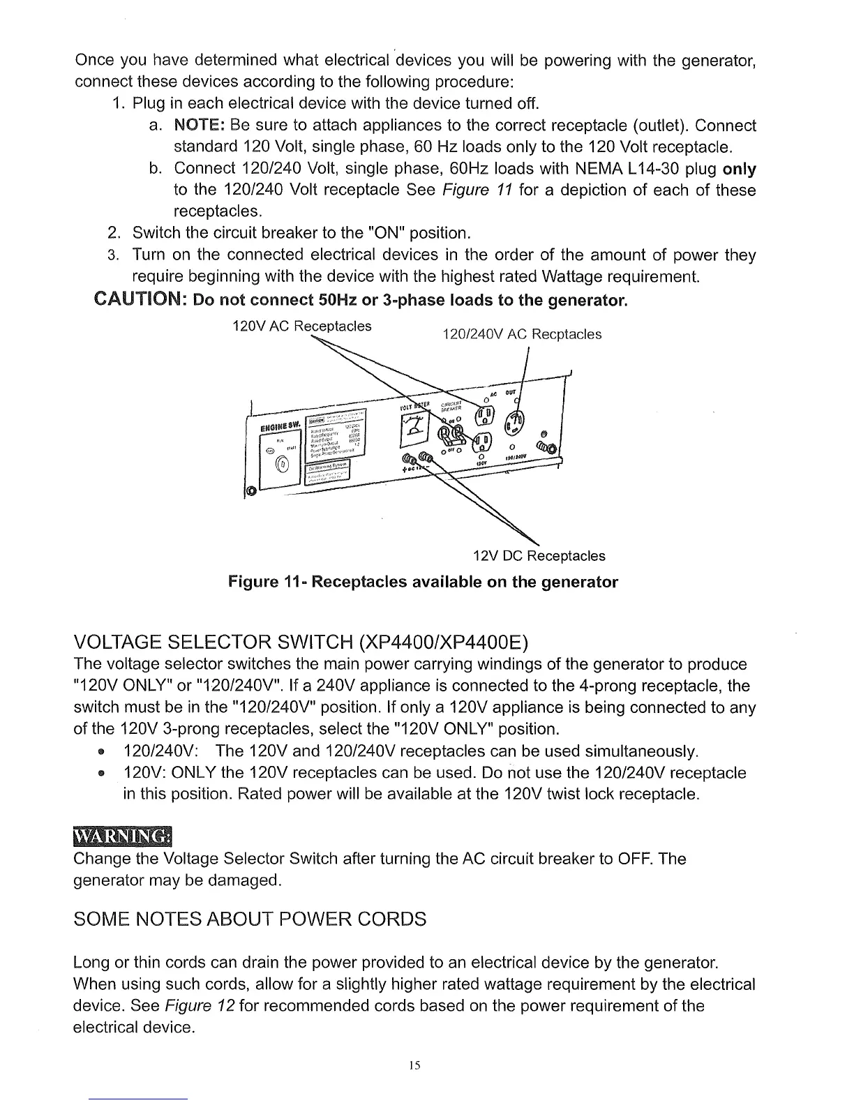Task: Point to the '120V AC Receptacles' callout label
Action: pos(301,326)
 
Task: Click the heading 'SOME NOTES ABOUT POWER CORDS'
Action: pos(249,919)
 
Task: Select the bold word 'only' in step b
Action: pos(740,169)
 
